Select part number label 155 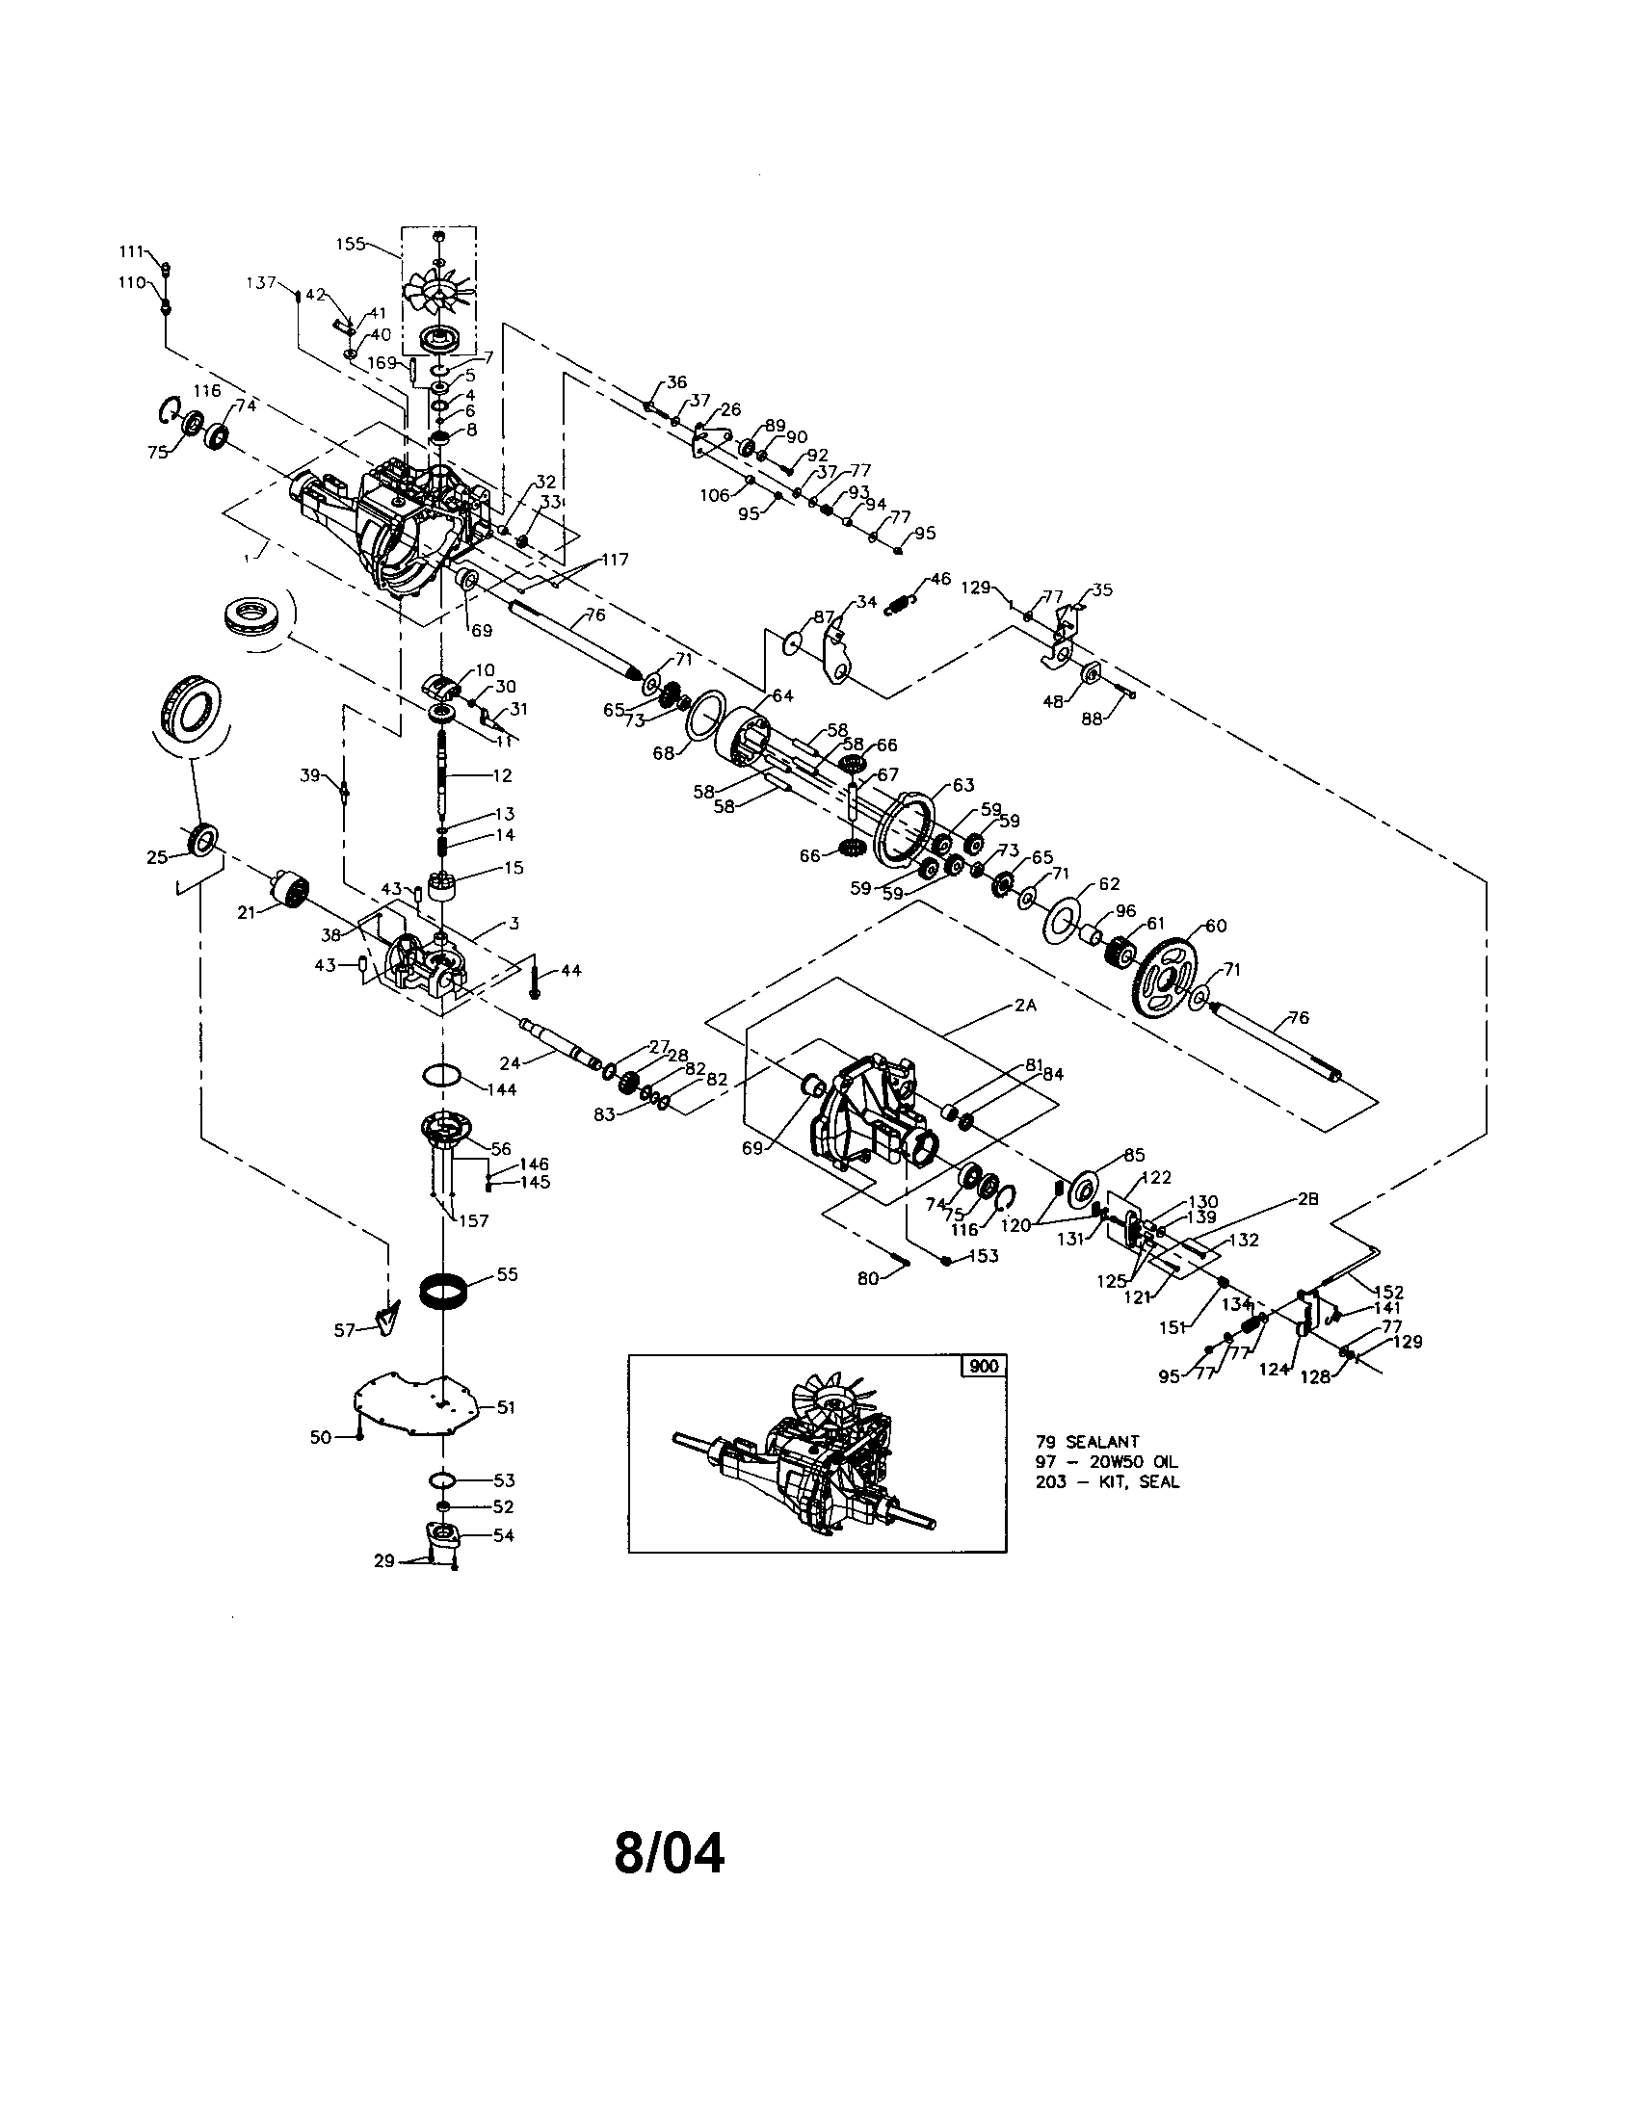click(x=352, y=244)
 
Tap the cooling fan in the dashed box click(x=438, y=291)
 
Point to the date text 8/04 click(x=670, y=1852)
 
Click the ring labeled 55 click(x=443, y=1293)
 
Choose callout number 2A click(x=1026, y=1007)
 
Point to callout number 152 click(x=1389, y=1292)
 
